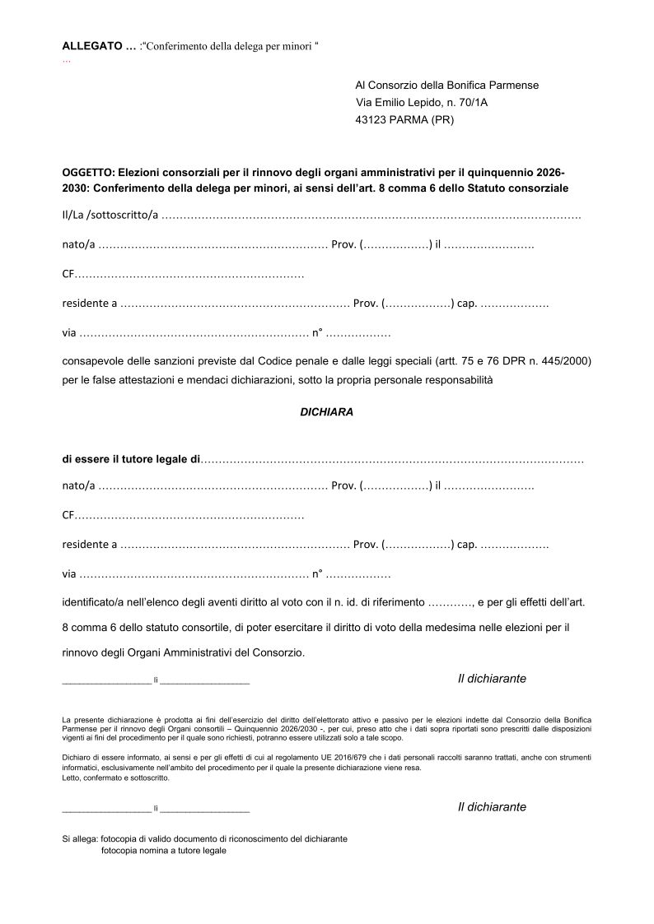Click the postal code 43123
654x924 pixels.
pyautogui.click(x=372, y=119)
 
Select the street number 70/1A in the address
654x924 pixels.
pyautogui.click(x=481, y=102)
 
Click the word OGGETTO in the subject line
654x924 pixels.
pyautogui.click(x=88, y=174)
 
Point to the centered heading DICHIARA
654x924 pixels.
pyautogui.click(x=326, y=412)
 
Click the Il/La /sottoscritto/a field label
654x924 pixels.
pyautogui.click(x=110, y=216)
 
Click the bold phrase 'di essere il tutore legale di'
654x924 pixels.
pyautogui.click(x=131, y=459)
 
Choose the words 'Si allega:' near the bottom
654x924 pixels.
pyautogui.click(x=80, y=838)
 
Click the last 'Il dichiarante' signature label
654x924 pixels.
pyautogui.click(x=492, y=807)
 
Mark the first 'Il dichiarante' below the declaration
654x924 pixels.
pyautogui.click(x=492, y=679)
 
